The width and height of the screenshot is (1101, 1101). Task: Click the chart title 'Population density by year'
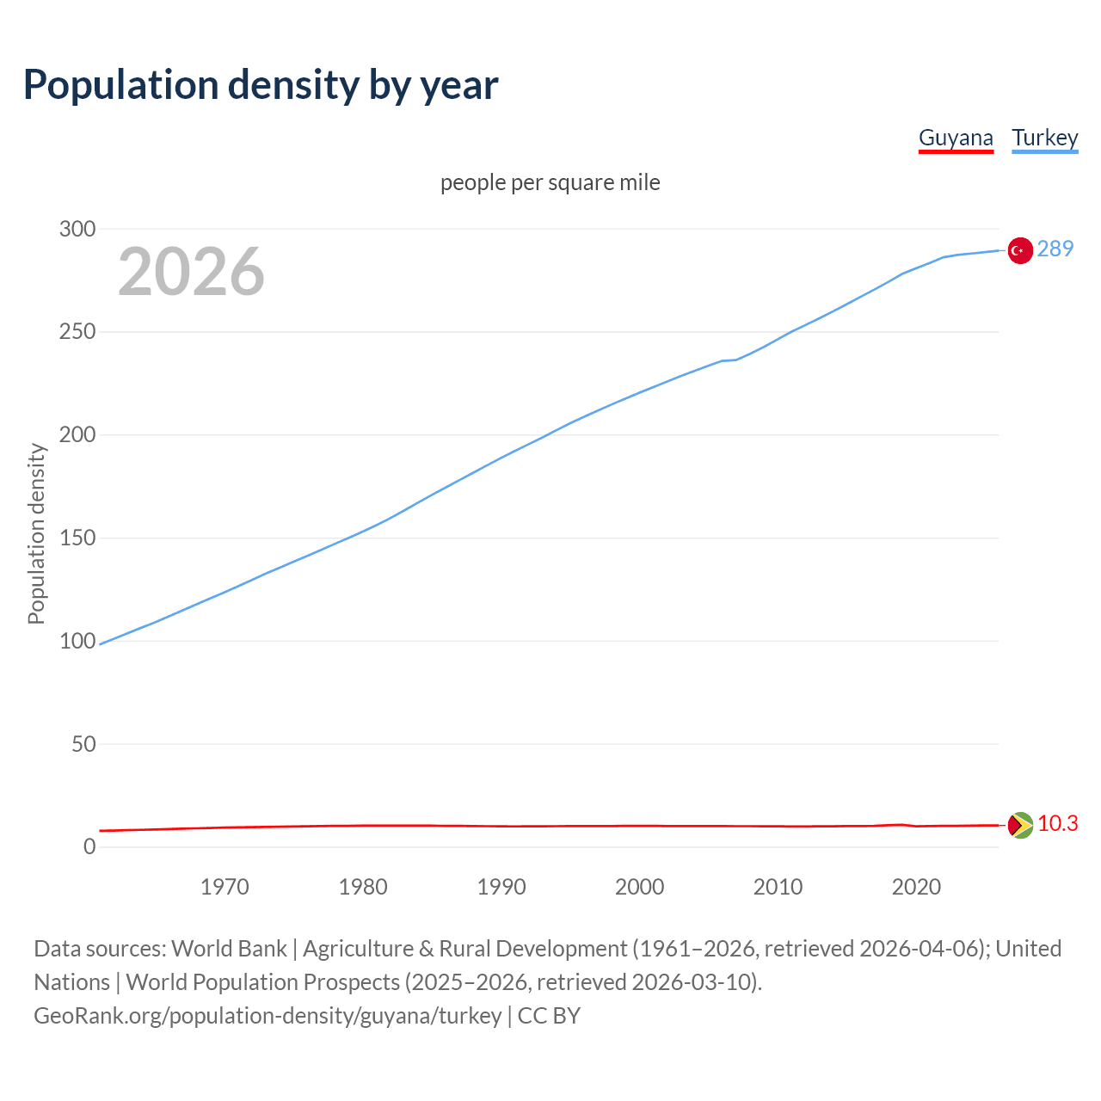click(x=261, y=85)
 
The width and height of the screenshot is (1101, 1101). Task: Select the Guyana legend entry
click(x=956, y=138)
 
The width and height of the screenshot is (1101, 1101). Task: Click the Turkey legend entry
click(x=1044, y=138)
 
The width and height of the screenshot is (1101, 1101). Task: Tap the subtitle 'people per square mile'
click(x=550, y=183)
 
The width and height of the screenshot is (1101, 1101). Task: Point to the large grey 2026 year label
click(x=191, y=272)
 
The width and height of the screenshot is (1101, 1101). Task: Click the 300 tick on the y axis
click(x=77, y=229)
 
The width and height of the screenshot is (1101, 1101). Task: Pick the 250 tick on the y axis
click(x=77, y=332)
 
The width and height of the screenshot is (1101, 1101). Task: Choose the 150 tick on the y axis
click(x=77, y=538)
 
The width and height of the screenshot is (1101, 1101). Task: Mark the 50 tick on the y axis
click(x=83, y=744)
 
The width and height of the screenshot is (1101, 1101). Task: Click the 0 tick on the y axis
click(x=89, y=847)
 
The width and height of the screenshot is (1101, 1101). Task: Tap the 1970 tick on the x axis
click(x=225, y=887)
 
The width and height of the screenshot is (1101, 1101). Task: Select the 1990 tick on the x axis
click(x=501, y=887)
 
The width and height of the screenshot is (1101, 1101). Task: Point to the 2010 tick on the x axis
click(x=778, y=887)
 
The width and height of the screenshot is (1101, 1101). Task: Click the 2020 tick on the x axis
click(x=916, y=887)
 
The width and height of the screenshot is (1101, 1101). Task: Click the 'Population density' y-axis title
click(x=36, y=533)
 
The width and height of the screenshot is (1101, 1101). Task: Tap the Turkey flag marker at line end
click(x=1020, y=250)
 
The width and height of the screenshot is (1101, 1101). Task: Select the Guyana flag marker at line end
click(x=1020, y=825)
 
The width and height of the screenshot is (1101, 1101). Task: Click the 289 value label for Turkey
click(x=1055, y=249)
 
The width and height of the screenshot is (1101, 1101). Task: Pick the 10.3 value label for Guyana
click(x=1057, y=824)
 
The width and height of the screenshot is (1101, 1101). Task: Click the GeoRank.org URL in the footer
click(x=268, y=1016)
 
